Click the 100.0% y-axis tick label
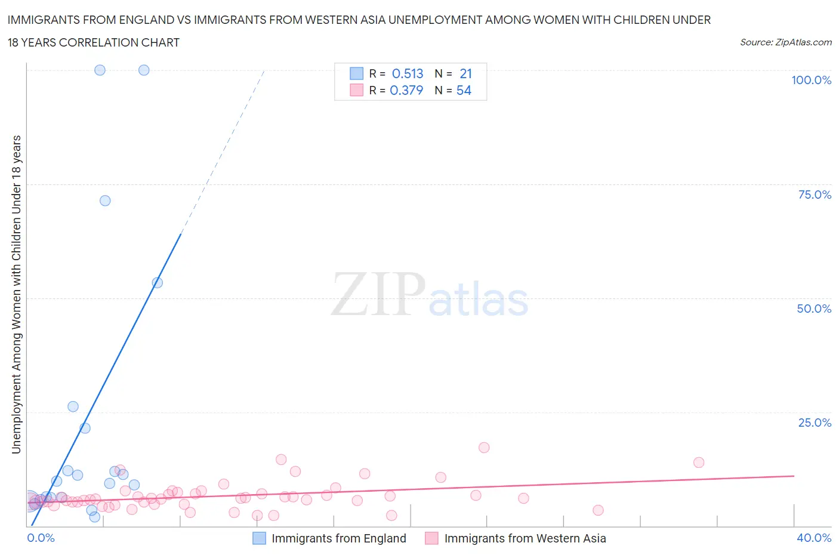[811, 81]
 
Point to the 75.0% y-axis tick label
[814, 195]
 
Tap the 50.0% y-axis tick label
[814, 309]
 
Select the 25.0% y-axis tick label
[814, 423]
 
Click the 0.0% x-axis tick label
[41, 538]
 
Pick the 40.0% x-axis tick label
[814, 538]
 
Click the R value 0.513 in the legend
[408, 73]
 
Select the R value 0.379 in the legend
[406, 90]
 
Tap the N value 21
[465, 73]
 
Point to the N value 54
[464, 90]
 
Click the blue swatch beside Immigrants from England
[259, 538]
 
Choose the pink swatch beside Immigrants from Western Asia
[431, 538]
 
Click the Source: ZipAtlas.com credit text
[785, 42]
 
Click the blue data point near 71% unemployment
[105, 201]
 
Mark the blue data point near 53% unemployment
[158, 282]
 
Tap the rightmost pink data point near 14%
[699, 462]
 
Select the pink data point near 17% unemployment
[484, 448]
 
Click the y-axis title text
[16, 294]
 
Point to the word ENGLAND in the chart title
[150, 20]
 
